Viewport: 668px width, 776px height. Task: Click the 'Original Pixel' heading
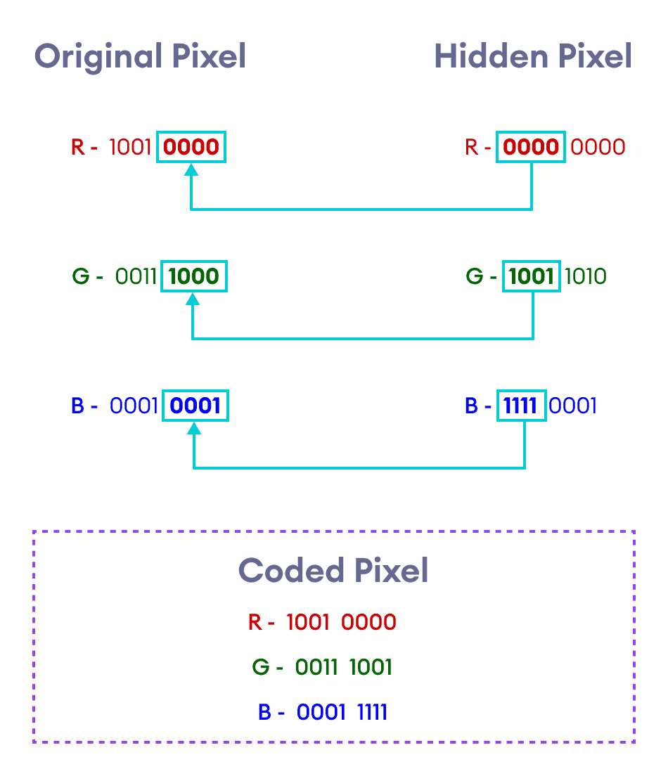[140, 56]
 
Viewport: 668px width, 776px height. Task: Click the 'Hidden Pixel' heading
[532, 56]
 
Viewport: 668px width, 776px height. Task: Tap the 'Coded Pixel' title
[333, 570]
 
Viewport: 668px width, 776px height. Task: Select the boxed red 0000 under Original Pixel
[191, 147]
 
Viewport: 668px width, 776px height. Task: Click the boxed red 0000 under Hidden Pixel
[531, 147]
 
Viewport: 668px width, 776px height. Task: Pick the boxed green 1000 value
[194, 276]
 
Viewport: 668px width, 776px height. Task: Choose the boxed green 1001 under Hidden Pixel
[532, 276]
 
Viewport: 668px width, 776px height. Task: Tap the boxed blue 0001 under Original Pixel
[195, 406]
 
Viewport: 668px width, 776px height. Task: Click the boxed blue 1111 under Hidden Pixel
[521, 406]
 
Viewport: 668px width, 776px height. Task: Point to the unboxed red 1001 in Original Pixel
[131, 147]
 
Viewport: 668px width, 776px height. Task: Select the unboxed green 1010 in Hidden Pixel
[585, 276]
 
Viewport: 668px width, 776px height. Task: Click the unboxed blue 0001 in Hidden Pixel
[573, 406]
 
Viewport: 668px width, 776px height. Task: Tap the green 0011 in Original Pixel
[136, 276]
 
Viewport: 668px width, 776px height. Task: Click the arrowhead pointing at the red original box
[191, 169]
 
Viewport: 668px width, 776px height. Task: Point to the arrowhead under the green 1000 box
[193, 299]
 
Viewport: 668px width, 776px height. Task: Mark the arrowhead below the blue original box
[194, 428]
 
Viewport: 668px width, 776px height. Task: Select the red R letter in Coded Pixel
[255, 622]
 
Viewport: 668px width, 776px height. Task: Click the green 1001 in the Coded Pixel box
[371, 667]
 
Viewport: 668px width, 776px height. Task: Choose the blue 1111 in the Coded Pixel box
[372, 712]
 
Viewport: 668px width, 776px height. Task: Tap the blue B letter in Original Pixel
[78, 406]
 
